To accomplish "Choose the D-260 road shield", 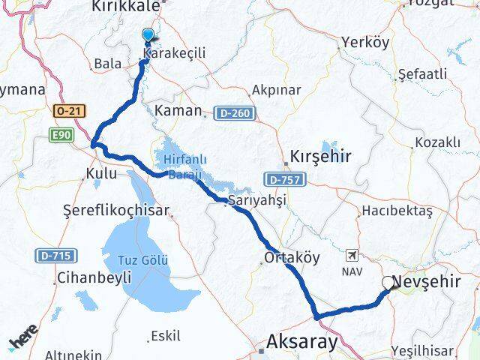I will (233, 113).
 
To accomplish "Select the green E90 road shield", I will (61, 134).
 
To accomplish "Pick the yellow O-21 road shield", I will (69, 112).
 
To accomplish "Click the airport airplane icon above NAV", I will (352, 255).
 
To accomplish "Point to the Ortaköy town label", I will (292, 257).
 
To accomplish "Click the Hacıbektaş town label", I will (397, 211).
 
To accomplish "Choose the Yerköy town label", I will (364, 42).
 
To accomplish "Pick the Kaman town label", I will (178, 111).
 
